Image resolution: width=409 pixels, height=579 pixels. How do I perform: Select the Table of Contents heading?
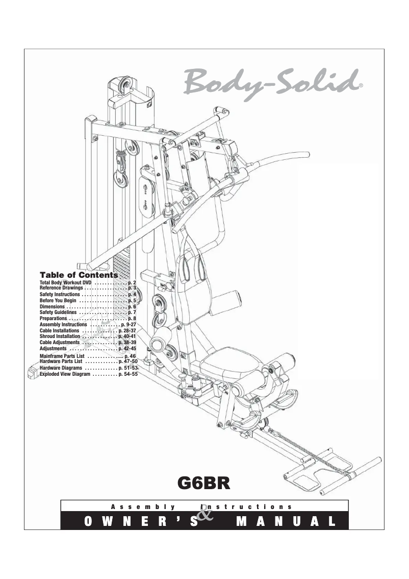79,275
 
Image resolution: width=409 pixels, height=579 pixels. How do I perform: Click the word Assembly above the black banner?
143,507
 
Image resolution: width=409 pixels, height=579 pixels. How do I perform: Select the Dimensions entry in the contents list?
52,307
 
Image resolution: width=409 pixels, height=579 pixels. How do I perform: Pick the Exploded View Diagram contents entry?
65,374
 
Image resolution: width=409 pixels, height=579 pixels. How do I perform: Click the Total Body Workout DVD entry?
62,282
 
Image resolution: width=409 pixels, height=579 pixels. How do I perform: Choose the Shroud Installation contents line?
60,336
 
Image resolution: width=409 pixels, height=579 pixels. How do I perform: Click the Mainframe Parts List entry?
62,355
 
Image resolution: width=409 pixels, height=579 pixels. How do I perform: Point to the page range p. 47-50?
127,361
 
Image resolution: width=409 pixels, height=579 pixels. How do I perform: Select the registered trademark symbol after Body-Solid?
361,86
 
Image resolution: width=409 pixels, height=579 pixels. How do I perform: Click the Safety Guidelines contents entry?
58,312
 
